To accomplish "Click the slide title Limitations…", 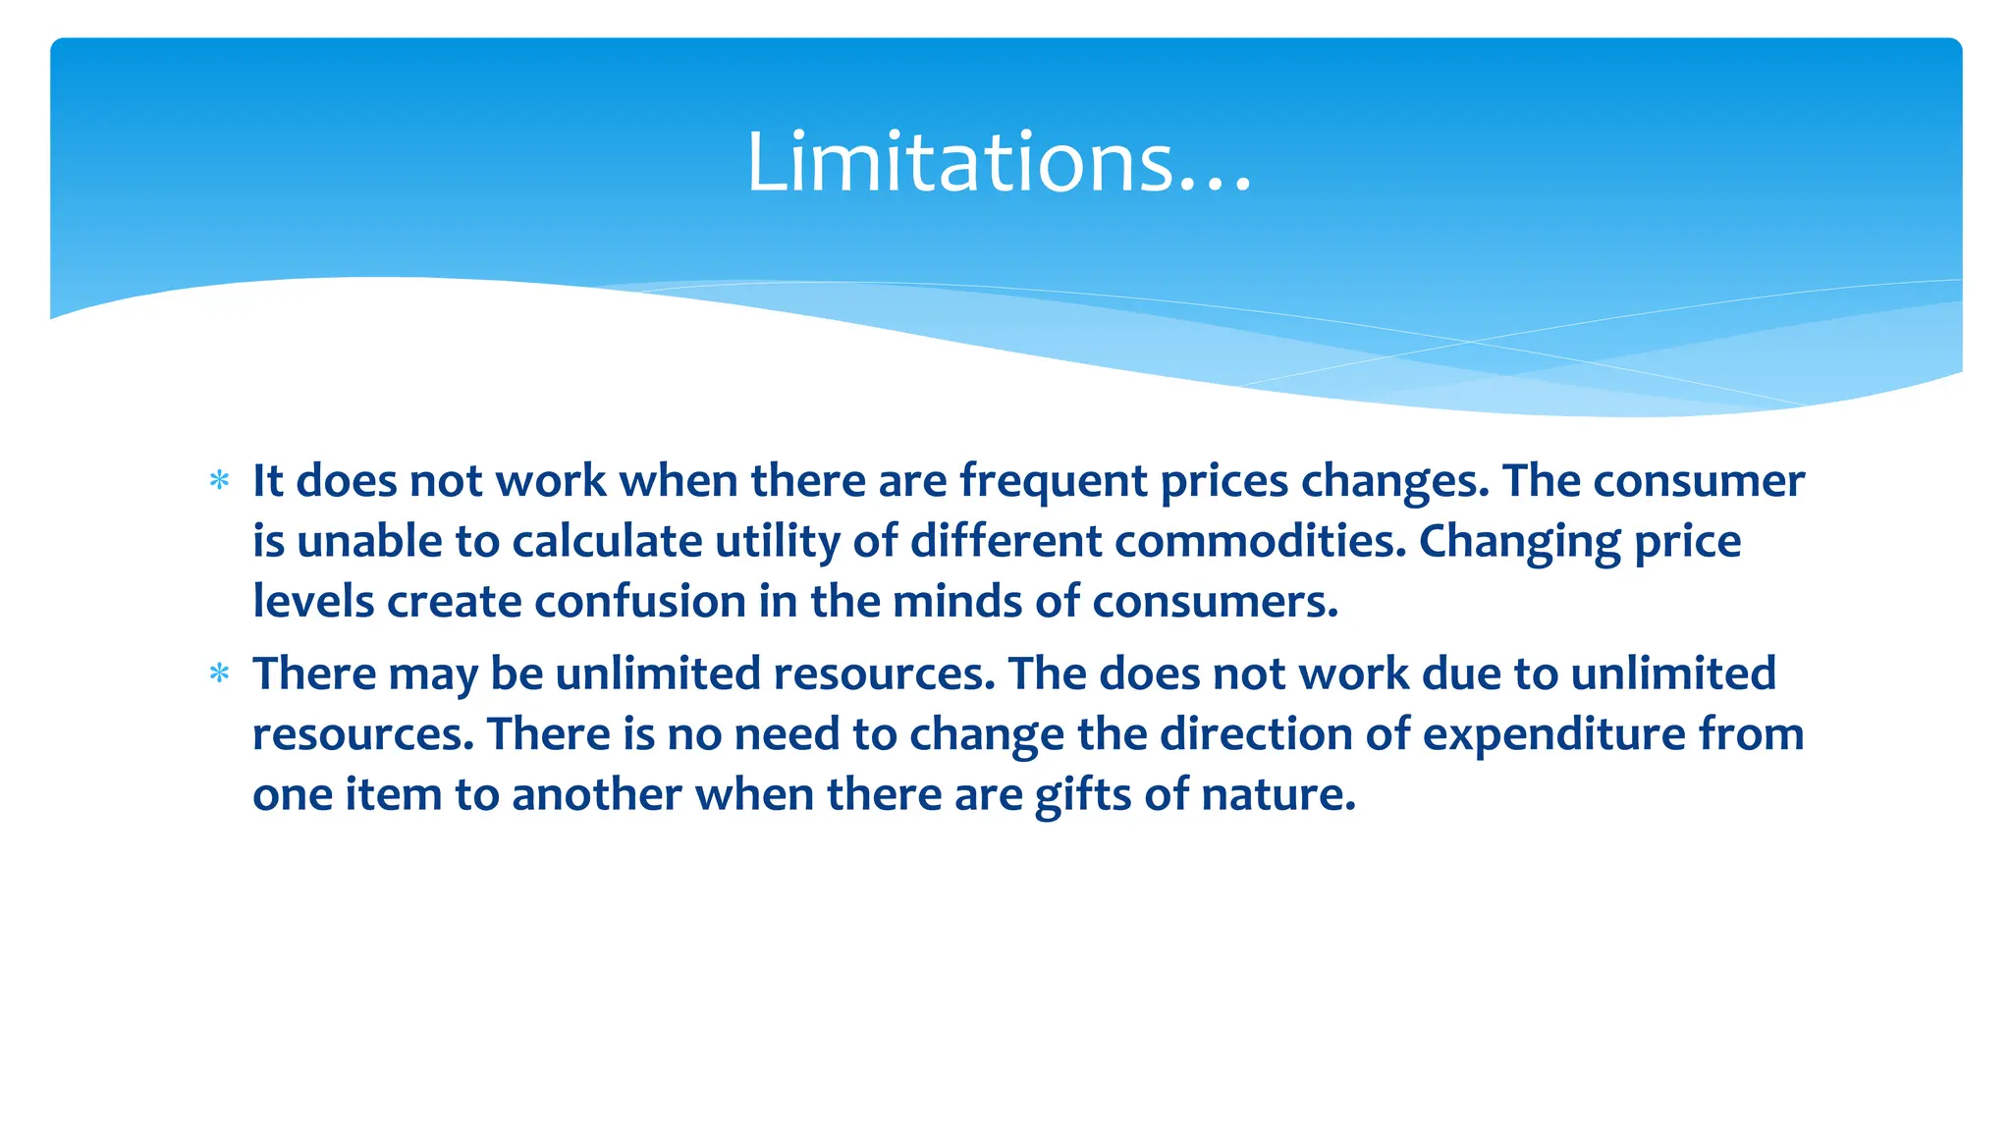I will click(x=999, y=162).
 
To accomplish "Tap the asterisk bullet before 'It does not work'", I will click(x=220, y=481).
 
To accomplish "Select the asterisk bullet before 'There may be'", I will click(x=220, y=673).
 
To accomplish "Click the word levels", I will click(x=313, y=601).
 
